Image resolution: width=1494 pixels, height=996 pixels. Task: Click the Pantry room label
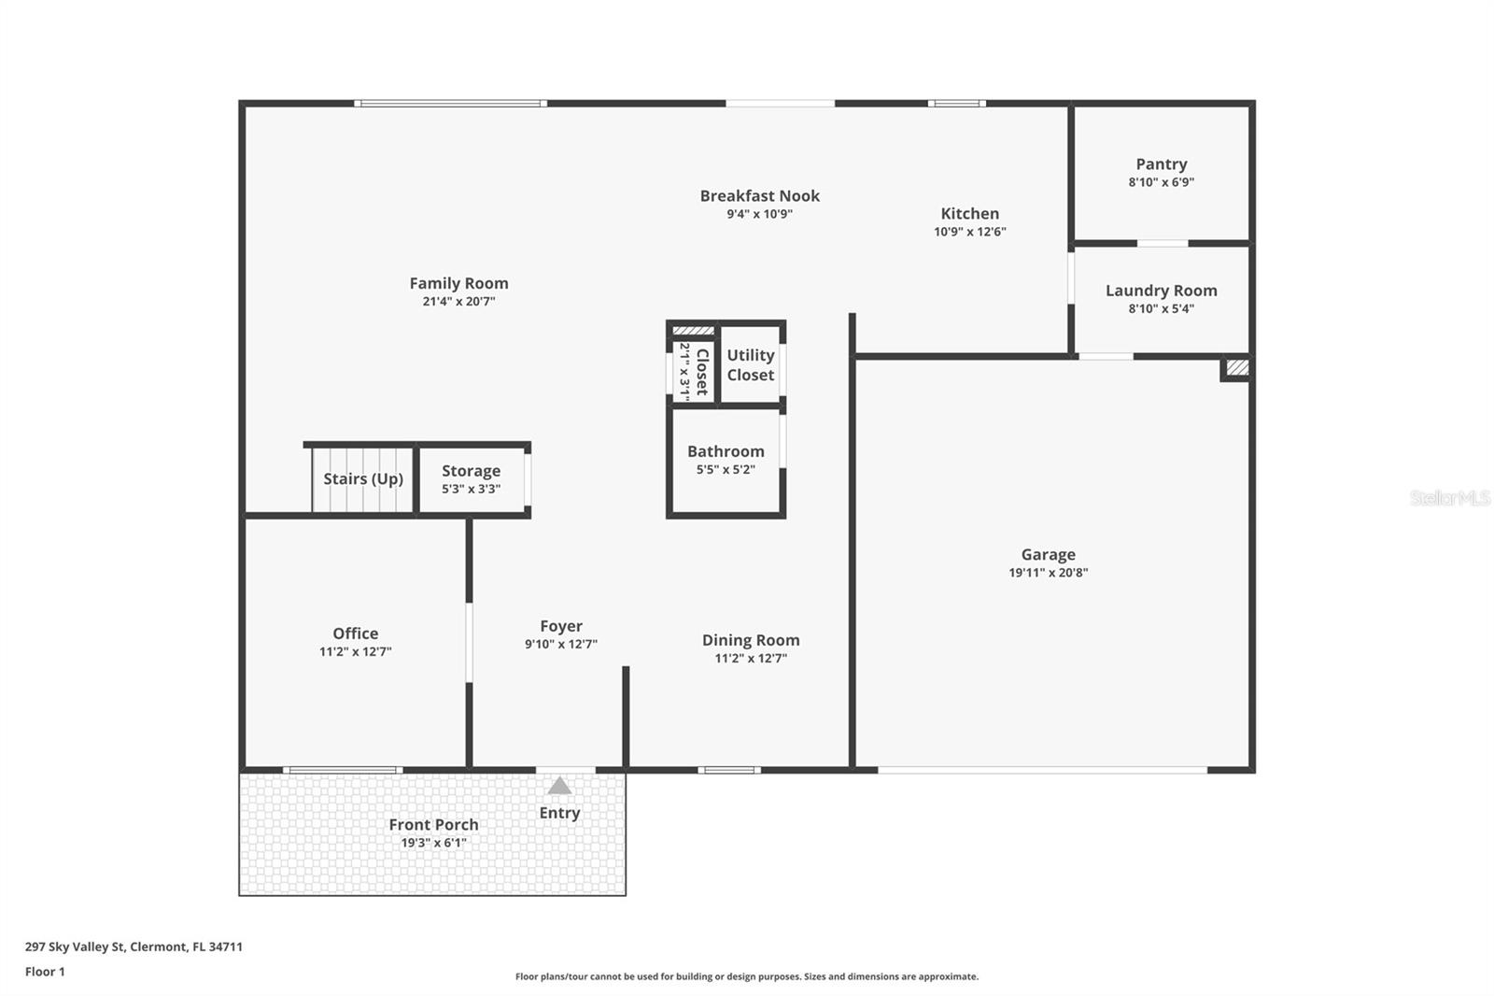(1162, 164)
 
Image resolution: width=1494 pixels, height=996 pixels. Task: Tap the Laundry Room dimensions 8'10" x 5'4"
(1162, 308)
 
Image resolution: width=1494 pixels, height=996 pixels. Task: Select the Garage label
(1048, 555)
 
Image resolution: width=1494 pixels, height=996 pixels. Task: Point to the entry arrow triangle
(559, 786)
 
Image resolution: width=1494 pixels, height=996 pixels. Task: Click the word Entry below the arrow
(559, 813)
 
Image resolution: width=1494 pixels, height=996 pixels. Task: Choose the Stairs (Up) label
(363, 478)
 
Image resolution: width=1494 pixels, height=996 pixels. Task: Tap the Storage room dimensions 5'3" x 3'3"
(471, 489)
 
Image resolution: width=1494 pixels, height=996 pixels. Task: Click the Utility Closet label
(751, 365)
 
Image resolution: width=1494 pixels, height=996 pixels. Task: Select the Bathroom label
(726, 451)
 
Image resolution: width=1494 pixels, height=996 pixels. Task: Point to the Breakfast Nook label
(760, 195)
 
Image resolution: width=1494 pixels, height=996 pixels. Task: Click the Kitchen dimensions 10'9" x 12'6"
(970, 232)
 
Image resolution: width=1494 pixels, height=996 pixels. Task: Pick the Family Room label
(458, 283)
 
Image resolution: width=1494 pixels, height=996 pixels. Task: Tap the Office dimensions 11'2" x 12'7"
(356, 651)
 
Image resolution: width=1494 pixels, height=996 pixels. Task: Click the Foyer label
(561, 626)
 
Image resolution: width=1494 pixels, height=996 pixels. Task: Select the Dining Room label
(751, 640)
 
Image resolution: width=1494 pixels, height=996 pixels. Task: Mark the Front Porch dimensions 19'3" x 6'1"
(433, 843)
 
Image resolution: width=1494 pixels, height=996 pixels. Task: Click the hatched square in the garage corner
(1237, 367)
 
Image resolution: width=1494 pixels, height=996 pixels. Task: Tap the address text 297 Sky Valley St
(75, 946)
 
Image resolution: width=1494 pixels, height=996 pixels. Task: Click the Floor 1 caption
(46, 972)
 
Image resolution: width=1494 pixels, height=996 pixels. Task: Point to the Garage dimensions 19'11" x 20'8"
(1048, 573)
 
